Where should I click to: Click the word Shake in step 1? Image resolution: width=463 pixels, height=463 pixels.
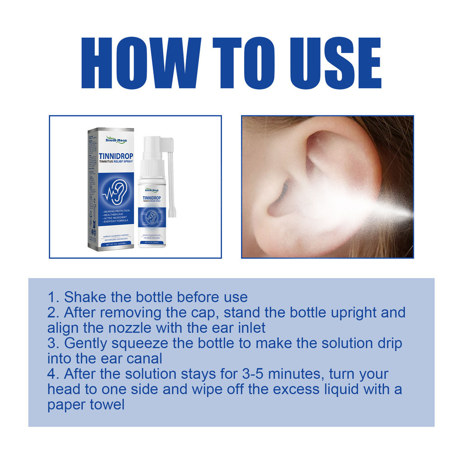click(x=83, y=297)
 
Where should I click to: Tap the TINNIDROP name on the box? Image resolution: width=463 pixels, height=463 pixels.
click(x=116, y=156)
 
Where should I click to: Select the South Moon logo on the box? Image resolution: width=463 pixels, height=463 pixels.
click(x=116, y=140)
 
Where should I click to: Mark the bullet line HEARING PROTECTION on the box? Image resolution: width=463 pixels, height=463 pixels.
click(x=116, y=211)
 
